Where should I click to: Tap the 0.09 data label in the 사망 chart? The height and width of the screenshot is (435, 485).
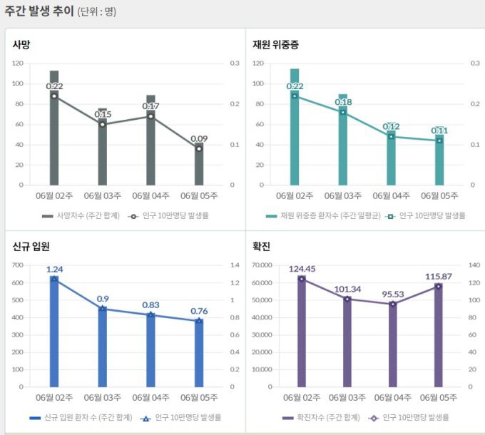click(x=199, y=138)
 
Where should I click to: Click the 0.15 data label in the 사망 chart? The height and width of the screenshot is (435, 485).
click(x=103, y=114)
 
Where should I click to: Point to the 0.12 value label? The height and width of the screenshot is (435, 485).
click(x=391, y=126)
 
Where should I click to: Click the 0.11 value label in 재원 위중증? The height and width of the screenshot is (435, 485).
click(x=439, y=130)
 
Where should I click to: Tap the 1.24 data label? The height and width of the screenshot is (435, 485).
click(x=54, y=270)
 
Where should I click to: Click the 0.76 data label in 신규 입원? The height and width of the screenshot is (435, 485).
click(x=199, y=311)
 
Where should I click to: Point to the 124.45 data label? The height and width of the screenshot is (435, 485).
click(x=302, y=269)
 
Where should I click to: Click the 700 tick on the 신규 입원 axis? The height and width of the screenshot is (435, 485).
click(x=19, y=265)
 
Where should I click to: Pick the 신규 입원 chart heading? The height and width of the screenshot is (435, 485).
click(x=31, y=247)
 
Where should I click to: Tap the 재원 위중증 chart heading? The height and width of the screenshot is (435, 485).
click(x=275, y=44)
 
